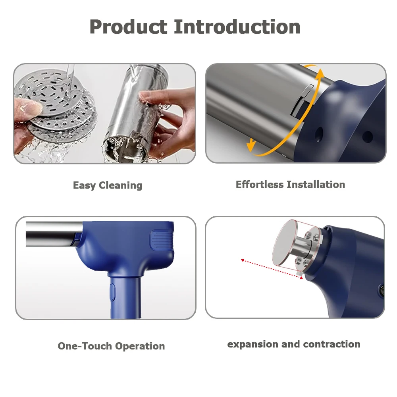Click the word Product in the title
tap(128, 27)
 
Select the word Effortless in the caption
tap(260, 184)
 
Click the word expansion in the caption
tap(252, 344)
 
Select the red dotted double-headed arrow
tap(272, 269)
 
